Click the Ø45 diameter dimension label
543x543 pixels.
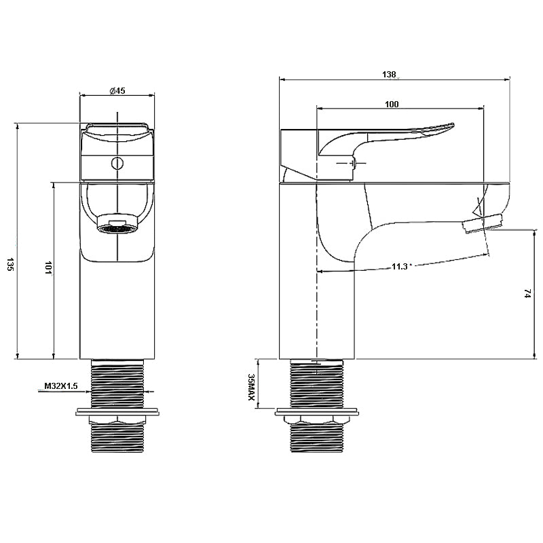[117, 91]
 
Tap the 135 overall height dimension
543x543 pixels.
[10, 264]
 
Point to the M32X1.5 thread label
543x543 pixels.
[61, 386]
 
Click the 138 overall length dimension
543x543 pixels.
[389, 75]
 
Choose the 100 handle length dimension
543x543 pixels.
[392, 104]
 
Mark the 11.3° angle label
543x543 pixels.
[400, 267]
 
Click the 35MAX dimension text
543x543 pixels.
[251, 388]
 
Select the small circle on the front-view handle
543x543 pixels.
[117, 163]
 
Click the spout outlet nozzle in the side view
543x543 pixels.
[481, 223]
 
